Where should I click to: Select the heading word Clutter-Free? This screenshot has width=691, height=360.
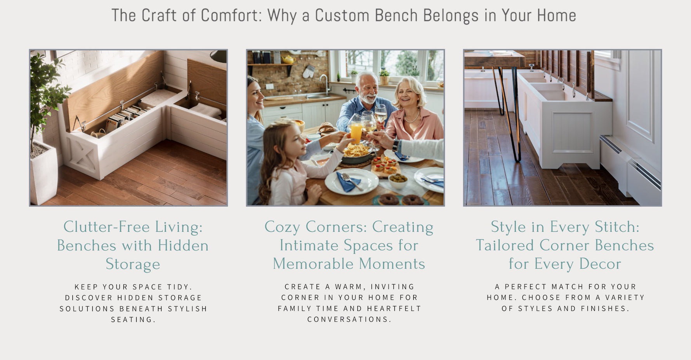pos(106,227)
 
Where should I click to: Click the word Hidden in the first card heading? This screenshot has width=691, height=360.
pos(183,245)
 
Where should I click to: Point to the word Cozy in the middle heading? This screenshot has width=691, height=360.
pos(282,227)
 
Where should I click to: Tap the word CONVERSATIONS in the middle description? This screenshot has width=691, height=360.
pos(349,319)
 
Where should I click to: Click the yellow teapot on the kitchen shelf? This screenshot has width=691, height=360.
pos(288,59)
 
